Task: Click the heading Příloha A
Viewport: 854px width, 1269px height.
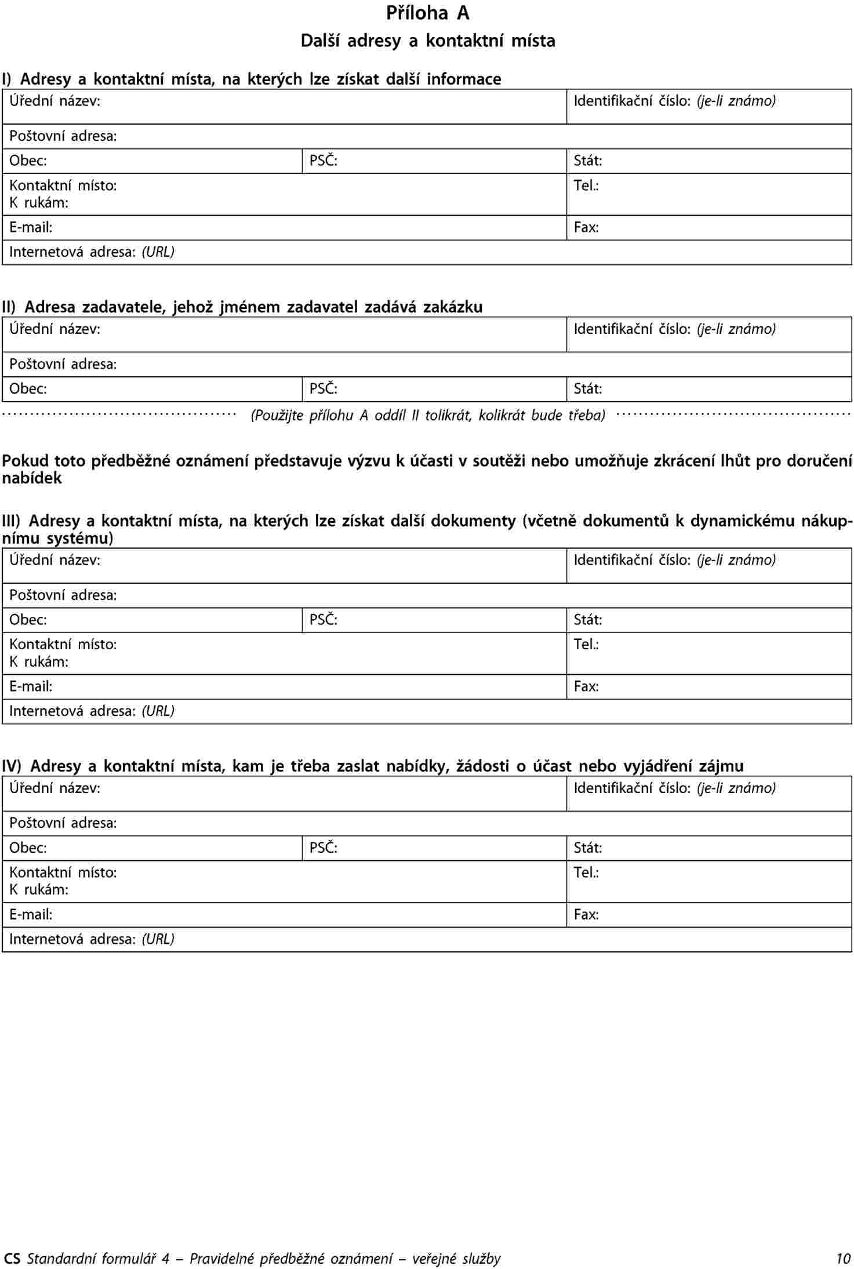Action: tap(427, 13)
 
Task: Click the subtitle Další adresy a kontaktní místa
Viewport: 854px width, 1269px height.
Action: tap(427, 41)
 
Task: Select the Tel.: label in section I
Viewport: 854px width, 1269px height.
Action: tap(586, 186)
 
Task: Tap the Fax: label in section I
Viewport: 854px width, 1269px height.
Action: tap(586, 227)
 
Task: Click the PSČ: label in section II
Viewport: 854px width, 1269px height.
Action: tap(323, 388)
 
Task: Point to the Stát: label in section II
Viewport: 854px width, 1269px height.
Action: tap(587, 388)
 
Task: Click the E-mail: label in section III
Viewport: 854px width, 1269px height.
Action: tap(31, 686)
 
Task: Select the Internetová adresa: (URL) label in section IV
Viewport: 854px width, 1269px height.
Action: tap(92, 939)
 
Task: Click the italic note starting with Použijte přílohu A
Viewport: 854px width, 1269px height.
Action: tap(427, 415)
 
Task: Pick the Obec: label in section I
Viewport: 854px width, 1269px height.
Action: tap(28, 161)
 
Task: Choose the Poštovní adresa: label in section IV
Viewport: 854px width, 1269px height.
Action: tap(63, 823)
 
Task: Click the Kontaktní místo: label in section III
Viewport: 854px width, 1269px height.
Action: tap(63, 644)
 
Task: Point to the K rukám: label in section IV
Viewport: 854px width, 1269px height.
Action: tap(39, 889)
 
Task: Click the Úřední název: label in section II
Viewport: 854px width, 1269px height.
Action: tap(54, 329)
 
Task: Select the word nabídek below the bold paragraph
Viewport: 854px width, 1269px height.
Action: tap(32, 478)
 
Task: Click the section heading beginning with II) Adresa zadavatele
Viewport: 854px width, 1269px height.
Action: tap(242, 307)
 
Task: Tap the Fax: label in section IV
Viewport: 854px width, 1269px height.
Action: tap(586, 914)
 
